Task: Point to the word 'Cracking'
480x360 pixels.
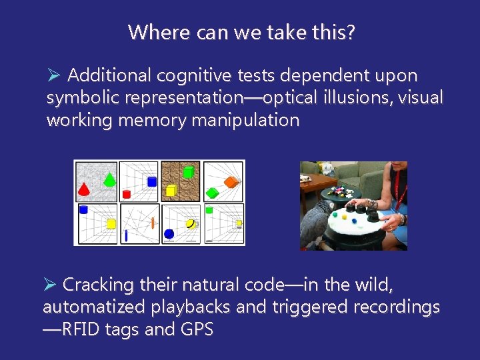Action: tap(98, 285)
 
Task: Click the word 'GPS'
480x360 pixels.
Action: tap(197, 329)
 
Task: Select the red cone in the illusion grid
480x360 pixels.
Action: tap(84, 189)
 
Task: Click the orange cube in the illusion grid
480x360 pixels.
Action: tap(231, 182)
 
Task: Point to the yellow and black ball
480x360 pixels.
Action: tap(191, 224)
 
